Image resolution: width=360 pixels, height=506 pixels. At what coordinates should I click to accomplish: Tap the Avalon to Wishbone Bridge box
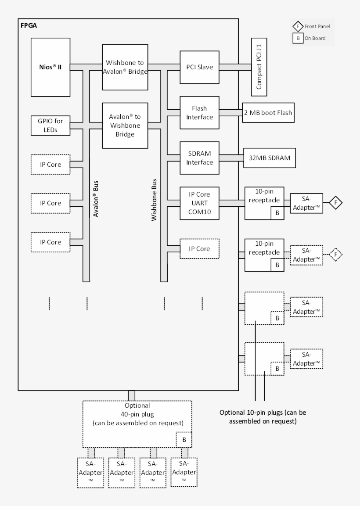125,126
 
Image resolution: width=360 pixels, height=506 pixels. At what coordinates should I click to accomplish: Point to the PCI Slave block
199,67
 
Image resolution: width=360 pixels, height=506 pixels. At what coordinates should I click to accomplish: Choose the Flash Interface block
199,112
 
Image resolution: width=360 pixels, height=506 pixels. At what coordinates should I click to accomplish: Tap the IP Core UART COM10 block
199,203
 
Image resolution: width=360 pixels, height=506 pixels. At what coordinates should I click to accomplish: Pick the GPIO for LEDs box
50,126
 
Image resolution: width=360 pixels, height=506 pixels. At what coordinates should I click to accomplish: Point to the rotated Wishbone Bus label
154,200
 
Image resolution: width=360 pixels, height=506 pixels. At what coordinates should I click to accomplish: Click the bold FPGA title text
29,25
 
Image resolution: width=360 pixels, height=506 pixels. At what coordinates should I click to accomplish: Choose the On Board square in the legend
299,38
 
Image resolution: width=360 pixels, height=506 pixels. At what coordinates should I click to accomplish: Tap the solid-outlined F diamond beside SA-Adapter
336,203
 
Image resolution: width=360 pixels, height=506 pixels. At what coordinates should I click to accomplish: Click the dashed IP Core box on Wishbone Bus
199,249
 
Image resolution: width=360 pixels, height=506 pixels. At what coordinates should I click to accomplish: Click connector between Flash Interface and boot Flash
230,113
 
